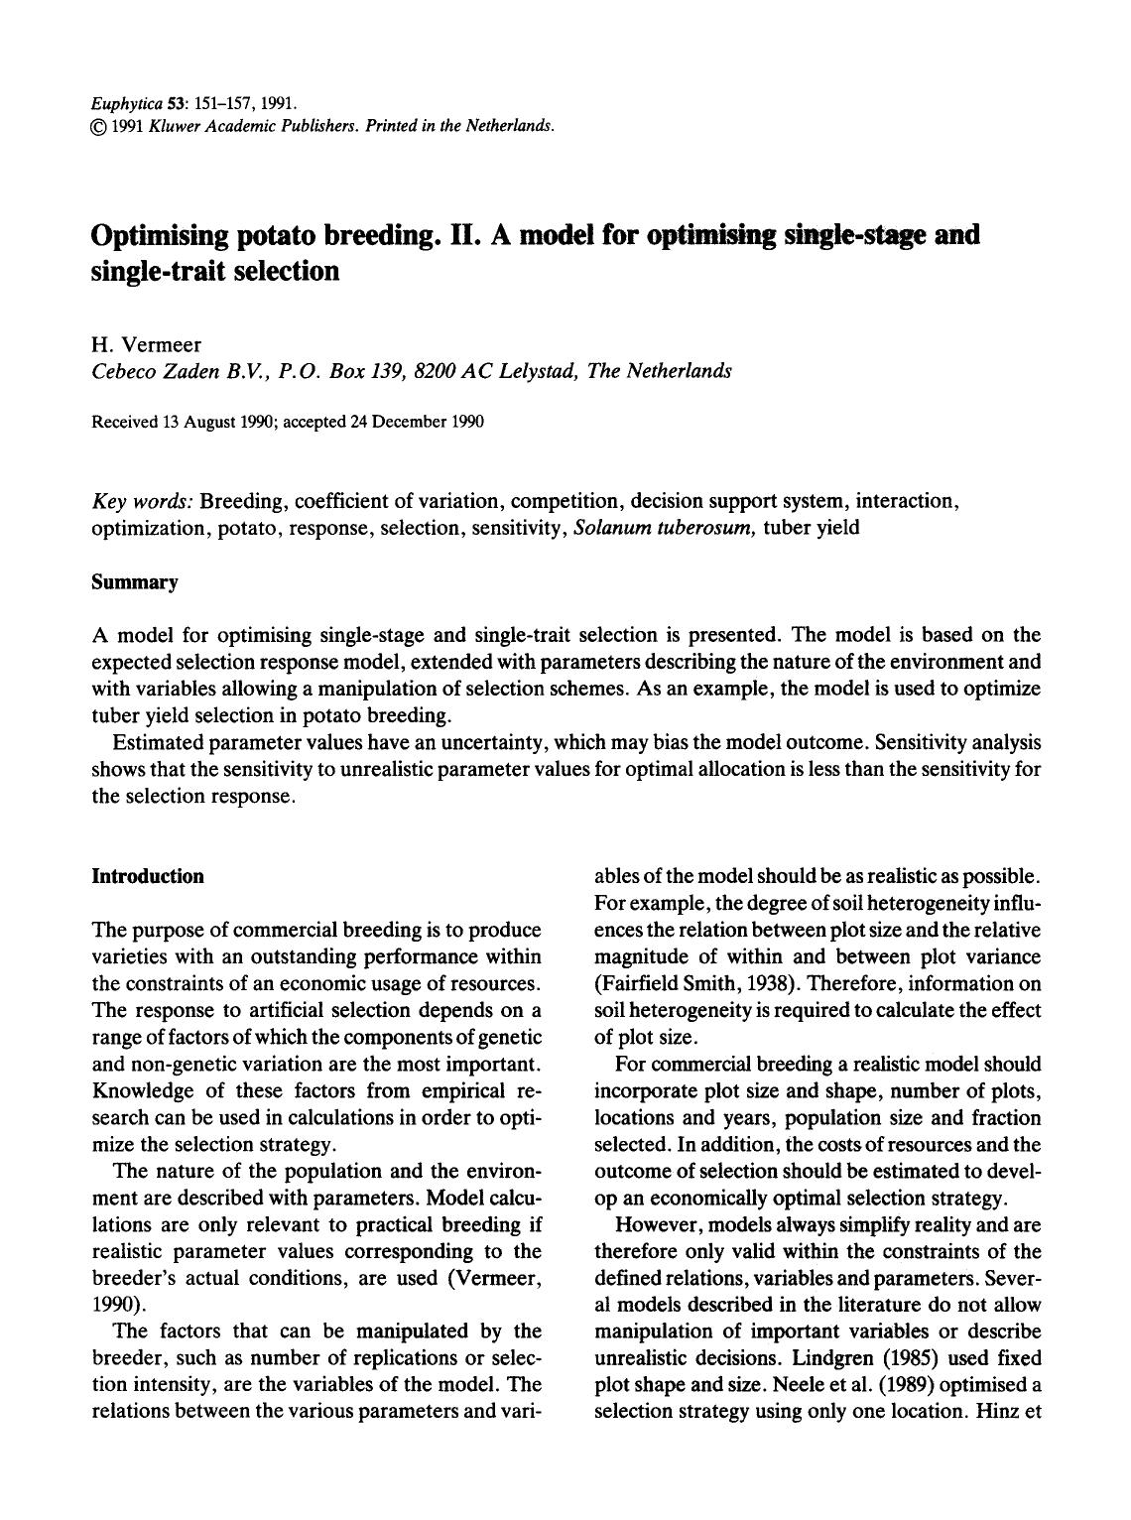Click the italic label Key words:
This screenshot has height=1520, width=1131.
141,500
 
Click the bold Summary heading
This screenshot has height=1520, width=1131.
134,582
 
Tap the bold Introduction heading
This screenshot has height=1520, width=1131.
147,876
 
